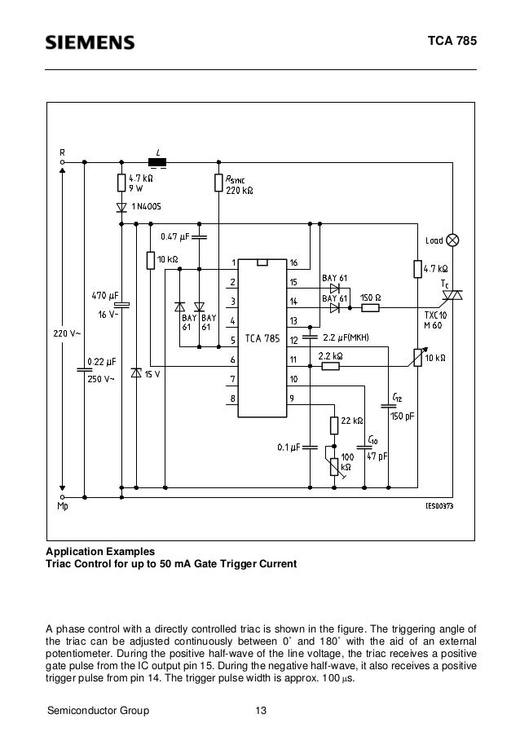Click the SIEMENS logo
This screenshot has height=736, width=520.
[90, 42]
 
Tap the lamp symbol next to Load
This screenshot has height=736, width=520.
[453, 240]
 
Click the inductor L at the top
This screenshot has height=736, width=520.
[157, 162]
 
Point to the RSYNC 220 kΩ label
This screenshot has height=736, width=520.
[240, 186]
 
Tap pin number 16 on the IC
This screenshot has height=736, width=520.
[293, 262]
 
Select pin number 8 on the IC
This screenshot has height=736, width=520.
[232, 398]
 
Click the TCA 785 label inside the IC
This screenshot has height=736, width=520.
[261, 338]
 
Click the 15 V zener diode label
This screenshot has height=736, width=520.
[152, 374]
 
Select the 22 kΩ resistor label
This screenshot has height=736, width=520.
[353, 421]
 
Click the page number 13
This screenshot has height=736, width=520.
[261, 712]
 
